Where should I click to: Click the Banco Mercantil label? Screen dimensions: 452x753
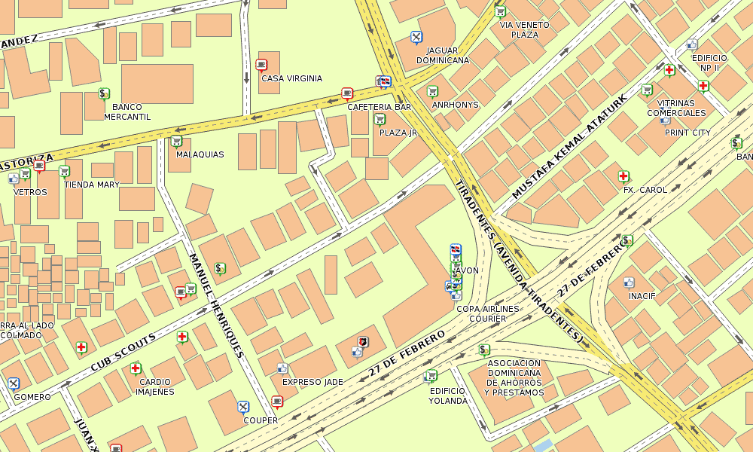tap(127, 111)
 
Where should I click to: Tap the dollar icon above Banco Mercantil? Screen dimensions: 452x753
tap(104, 93)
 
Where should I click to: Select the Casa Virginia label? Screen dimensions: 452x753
tap(291, 78)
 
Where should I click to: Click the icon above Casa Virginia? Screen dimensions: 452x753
tap(261, 65)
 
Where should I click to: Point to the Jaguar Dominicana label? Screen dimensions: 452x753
tap(443, 55)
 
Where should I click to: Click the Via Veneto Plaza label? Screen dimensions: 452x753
tap(524, 29)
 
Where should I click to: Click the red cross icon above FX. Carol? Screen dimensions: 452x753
tap(623, 176)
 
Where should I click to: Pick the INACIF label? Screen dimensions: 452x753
tap(642, 296)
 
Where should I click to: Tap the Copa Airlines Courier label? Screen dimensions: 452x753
tap(488, 313)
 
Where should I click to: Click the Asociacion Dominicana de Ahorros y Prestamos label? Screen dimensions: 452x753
tap(514, 377)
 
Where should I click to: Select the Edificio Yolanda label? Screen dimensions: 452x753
tap(448, 395)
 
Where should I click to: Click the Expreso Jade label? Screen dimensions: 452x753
tap(312, 382)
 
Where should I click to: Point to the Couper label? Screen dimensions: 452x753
tap(260, 420)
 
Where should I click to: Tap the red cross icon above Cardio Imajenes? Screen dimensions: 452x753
tap(136, 368)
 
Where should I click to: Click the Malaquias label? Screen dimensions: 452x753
tap(200, 154)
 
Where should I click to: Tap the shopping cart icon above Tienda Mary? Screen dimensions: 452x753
tap(64, 171)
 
